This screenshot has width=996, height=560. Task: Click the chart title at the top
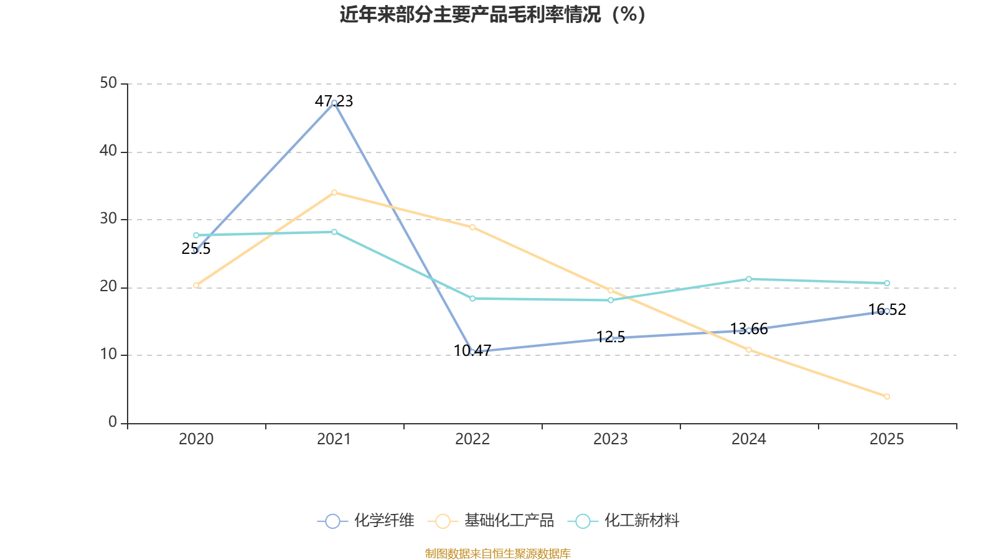pos(493,14)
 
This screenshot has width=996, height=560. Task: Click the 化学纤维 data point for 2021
pos(334,103)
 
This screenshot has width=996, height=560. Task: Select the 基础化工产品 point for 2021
pos(334,193)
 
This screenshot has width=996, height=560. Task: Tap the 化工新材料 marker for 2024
pos(749,279)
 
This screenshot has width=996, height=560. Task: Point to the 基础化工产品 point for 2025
pos(887,396)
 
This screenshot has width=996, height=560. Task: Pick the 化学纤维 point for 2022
pos(472,352)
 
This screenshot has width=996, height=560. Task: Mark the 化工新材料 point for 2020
pos(196,235)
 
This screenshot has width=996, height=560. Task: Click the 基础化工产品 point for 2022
pos(472,227)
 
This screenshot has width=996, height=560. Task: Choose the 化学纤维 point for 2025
pos(887,311)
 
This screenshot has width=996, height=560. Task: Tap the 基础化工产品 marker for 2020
pos(196,285)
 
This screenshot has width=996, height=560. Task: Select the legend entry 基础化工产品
pos(491,521)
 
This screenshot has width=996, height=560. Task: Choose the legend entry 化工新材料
pos(626,521)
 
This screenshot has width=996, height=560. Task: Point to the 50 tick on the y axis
pos(108,83)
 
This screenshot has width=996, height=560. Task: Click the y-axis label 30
pos(108,219)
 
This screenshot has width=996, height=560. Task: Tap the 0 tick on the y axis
pos(113,422)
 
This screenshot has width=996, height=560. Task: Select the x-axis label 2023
pos(611,439)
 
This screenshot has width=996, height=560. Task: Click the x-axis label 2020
pos(196,439)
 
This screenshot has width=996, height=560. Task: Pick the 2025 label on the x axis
pos(887,439)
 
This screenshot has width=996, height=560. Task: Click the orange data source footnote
pos(498,553)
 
